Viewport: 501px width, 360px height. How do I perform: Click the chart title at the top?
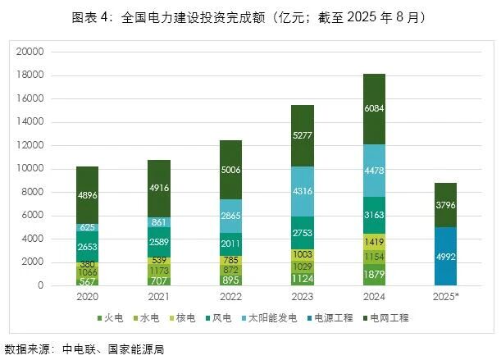(x=250, y=17)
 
